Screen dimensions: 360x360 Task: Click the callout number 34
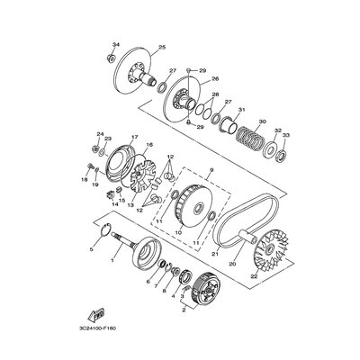116,45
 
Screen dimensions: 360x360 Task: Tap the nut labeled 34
110,58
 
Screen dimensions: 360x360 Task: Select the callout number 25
162,47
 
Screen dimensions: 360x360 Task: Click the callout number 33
286,135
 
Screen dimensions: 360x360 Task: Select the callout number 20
233,264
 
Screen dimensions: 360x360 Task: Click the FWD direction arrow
95,314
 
